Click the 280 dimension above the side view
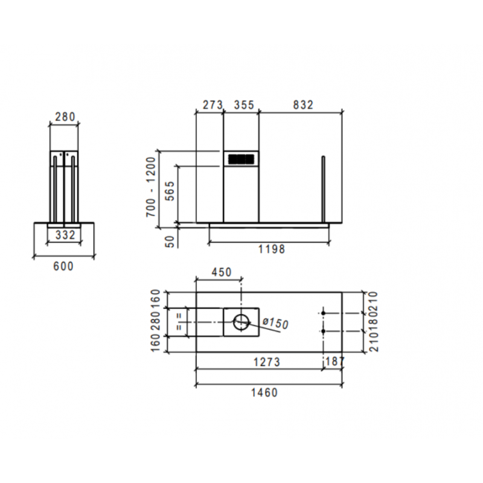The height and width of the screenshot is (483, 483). coord(63,116)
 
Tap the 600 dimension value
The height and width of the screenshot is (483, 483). coord(63,266)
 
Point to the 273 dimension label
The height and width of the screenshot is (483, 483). coord(213,104)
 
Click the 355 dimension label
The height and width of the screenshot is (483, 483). coord(243,104)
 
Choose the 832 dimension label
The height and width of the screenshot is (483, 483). coord(303,104)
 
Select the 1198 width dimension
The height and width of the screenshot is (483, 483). coord(270,249)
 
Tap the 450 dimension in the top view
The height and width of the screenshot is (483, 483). coord(221,273)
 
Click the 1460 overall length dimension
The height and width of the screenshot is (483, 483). coord(264,393)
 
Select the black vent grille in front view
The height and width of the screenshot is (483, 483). coord(241,159)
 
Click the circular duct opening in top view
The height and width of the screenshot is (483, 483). coord(241,322)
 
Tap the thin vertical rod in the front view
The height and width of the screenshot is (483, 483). coord(324,189)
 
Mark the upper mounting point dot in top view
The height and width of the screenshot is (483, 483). coord(324,313)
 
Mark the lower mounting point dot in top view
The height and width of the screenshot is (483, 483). coord(324,331)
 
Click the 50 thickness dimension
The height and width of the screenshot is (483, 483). coord(170,240)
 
